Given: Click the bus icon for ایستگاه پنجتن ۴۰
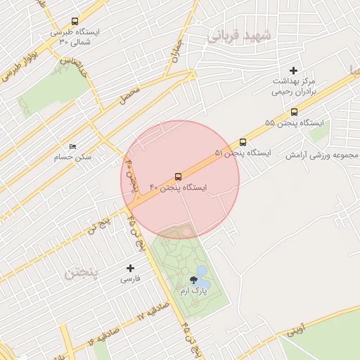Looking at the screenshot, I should click(x=178, y=176).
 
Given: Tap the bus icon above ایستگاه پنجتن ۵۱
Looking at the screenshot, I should click(x=243, y=141).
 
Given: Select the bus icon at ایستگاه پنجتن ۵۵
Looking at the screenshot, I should click(x=294, y=112).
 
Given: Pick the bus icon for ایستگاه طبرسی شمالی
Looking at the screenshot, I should click(x=75, y=22).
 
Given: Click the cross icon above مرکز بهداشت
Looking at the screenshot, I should click(x=294, y=70).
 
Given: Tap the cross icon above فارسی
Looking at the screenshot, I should click(x=130, y=268).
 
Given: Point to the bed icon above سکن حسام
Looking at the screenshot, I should click(x=73, y=146).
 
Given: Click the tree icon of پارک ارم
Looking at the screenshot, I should click(x=193, y=281).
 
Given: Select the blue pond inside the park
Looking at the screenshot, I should click(x=202, y=271).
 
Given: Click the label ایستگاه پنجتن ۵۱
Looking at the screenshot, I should click(x=243, y=153).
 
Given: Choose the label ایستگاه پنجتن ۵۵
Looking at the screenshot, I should click(x=295, y=123).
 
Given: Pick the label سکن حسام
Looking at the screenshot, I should click(x=73, y=157).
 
